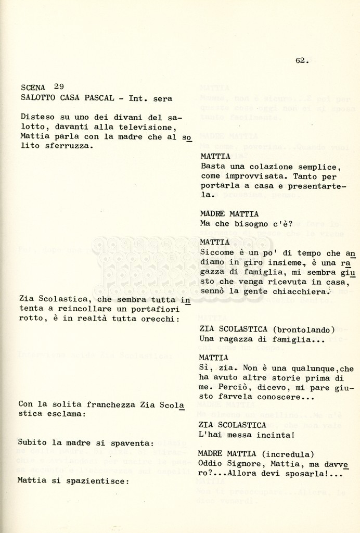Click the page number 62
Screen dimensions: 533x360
tap(301, 60)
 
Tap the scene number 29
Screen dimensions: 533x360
tap(59, 87)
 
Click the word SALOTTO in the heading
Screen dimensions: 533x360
tap(38, 98)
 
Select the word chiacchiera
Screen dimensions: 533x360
tap(302, 291)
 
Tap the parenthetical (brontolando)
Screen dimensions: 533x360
tap(304, 329)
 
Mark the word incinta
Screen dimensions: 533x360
tap(271, 435)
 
